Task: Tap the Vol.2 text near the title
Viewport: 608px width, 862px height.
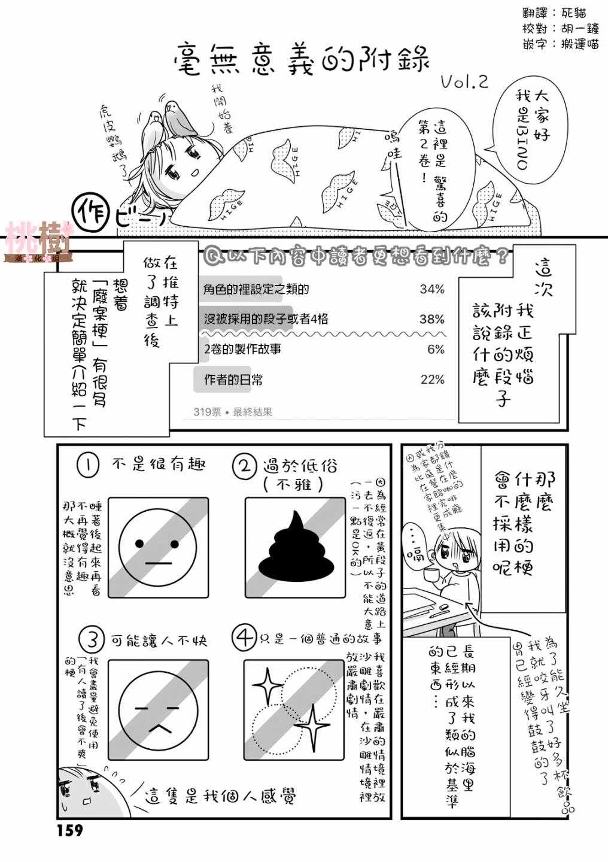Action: [x=463, y=83]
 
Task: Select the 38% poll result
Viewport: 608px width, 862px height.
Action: [x=431, y=319]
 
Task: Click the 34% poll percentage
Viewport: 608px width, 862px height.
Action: [x=431, y=290]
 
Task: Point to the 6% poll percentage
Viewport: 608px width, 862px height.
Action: [x=436, y=349]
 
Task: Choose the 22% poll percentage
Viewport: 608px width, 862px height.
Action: [x=432, y=380]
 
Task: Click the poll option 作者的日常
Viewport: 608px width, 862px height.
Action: [x=233, y=380]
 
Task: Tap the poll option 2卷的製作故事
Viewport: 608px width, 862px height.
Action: [x=242, y=349]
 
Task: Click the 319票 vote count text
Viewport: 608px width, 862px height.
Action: [x=206, y=412]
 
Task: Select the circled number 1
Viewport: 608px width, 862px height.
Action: [x=88, y=465]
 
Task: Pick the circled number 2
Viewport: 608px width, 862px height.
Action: [x=244, y=466]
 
